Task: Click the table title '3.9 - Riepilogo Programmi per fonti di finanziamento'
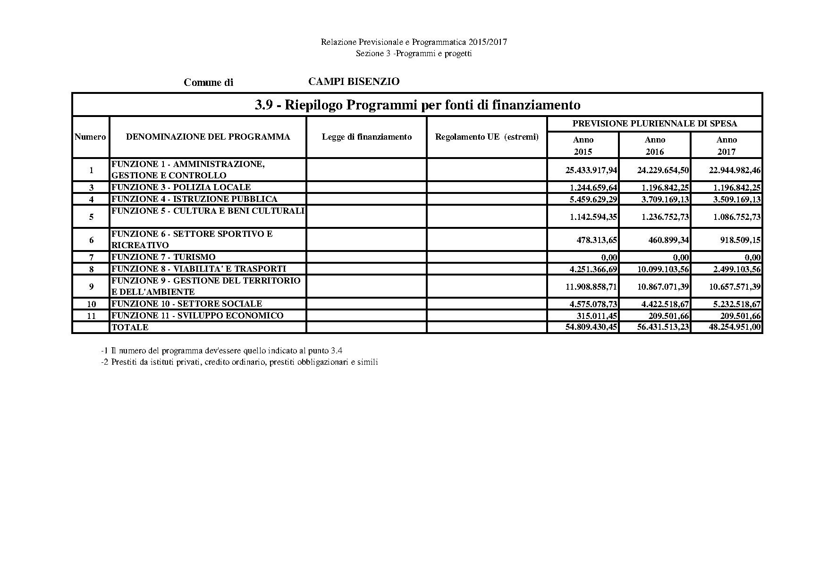[x=417, y=105]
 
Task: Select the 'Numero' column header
[x=90, y=137]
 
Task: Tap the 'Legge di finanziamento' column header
[x=367, y=137]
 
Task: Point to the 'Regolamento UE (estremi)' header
[x=487, y=137]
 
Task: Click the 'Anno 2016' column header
[x=655, y=145]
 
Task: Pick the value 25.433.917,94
[x=591, y=170]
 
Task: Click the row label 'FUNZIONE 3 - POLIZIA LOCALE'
[x=181, y=187]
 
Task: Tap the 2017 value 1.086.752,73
[x=735, y=217]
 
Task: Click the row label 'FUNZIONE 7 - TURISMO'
[x=163, y=257]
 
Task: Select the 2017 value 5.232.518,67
[x=735, y=304]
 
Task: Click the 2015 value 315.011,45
[x=597, y=316]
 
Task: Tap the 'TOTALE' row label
[x=130, y=327]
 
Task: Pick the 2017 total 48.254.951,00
[x=735, y=327]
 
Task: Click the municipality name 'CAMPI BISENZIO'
[x=354, y=82]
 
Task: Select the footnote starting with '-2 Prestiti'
[x=239, y=362]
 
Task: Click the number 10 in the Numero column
[x=91, y=304]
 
